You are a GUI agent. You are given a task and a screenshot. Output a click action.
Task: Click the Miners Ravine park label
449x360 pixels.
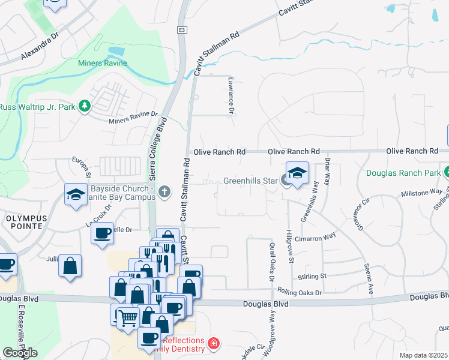102,63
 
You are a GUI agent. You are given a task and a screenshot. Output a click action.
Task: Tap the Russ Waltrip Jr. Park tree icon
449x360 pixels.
85,107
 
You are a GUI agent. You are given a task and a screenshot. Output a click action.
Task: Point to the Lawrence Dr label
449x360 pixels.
230,95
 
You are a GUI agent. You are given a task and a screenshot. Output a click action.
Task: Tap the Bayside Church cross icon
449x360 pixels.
165,192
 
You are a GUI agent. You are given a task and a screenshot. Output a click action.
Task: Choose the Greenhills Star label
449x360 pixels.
250,181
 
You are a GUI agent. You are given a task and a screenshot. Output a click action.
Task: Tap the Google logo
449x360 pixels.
20,353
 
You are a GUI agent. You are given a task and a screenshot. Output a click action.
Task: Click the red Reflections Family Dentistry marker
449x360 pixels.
213,344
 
